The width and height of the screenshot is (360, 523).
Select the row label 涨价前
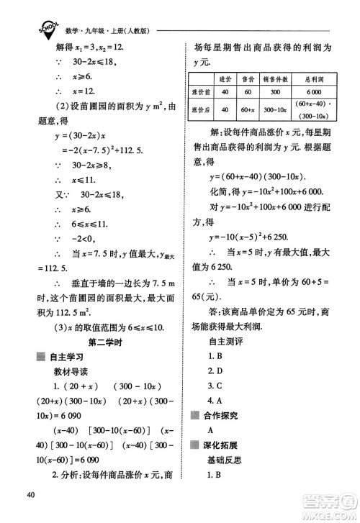point(199,91)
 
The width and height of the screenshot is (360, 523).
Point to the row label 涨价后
point(199,109)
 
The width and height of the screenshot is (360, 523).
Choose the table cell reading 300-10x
point(277,109)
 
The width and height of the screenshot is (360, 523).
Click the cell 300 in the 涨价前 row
point(277,91)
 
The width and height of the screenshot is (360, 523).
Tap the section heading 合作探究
point(225,415)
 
